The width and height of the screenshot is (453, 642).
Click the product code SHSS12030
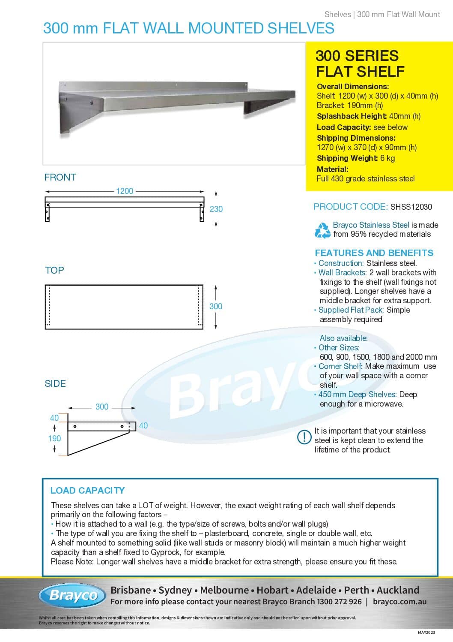pos(411,207)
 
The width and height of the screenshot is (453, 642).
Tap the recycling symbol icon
pos(322,230)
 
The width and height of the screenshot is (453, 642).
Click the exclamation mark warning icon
pos(304,437)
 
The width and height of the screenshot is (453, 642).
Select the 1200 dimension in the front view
pos(125,191)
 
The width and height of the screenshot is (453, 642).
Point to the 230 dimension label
pos(216,209)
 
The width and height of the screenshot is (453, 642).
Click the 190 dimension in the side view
pos(54,438)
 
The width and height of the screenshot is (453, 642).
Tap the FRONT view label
pos(60,177)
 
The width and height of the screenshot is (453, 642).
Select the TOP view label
pos(54,270)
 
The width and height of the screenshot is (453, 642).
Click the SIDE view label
pos(55,383)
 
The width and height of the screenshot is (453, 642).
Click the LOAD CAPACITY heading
pos(87,490)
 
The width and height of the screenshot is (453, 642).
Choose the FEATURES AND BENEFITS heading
pos(374,253)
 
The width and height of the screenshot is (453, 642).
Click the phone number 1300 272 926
pos(339,602)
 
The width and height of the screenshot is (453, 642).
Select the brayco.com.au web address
pos(399,602)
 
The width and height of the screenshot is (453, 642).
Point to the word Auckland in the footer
pos(398,590)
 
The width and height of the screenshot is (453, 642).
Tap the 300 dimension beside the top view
pos(216,306)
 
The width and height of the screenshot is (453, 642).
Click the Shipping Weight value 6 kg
pos(387,158)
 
